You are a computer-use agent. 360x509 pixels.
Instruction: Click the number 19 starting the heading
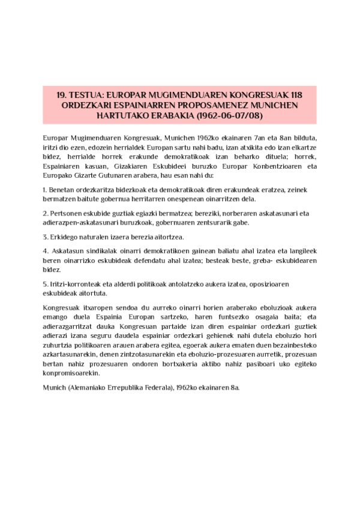click(x=61, y=95)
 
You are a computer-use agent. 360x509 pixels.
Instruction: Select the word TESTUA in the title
click(x=89, y=95)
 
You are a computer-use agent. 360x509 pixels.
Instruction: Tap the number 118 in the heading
click(x=294, y=95)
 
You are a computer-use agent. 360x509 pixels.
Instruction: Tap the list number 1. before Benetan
click(x=46, y=190)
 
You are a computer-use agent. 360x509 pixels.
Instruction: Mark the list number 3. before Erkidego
click(x=46, y=236)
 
